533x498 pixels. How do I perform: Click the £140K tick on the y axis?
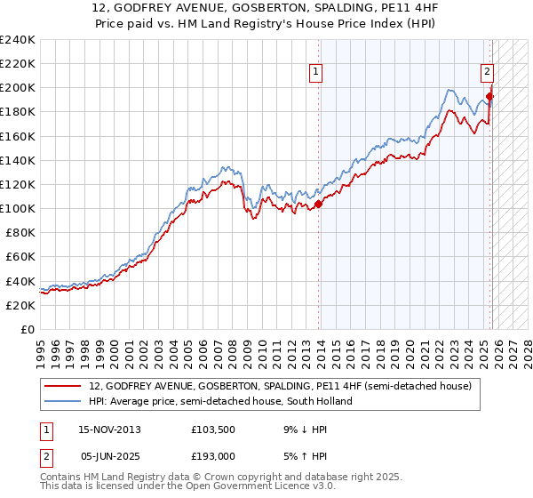pos(18,161)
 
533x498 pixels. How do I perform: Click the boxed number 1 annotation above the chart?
pos(317,75)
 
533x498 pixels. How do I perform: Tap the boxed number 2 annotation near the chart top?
pos(488,75)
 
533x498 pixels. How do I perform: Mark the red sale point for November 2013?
pos(319,205)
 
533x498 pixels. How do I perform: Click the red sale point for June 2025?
pos(489,96)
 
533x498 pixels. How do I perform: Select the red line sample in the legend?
pos(64,386)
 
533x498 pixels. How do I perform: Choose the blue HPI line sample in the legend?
pos(64,401)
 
